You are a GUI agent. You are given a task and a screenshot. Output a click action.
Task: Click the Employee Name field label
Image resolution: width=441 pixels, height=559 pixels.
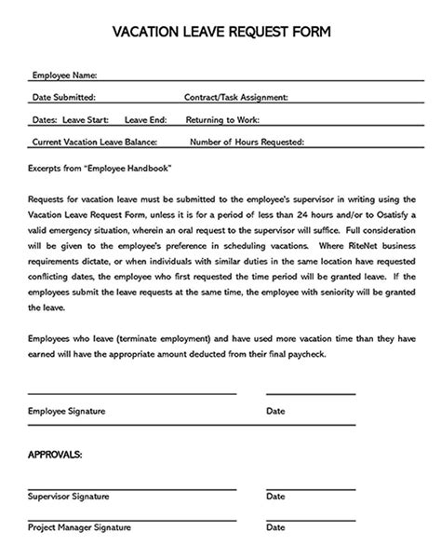64,75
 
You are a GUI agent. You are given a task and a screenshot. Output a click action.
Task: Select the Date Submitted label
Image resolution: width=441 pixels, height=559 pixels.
63,97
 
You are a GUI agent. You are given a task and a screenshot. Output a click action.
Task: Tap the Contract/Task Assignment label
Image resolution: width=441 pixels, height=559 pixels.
236,97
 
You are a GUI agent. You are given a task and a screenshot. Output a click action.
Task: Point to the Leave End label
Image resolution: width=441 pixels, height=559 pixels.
146,120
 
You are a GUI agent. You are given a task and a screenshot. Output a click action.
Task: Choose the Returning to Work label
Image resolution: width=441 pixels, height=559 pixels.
222,120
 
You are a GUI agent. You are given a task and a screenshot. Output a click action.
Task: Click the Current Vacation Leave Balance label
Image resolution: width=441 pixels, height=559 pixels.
95,143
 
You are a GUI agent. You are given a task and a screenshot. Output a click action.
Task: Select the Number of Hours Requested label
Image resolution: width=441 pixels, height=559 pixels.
247,143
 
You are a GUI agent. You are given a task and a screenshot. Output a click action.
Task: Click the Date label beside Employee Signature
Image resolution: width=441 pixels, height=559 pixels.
275,411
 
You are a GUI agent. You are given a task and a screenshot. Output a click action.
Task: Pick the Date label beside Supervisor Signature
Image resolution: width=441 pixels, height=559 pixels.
275,498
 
